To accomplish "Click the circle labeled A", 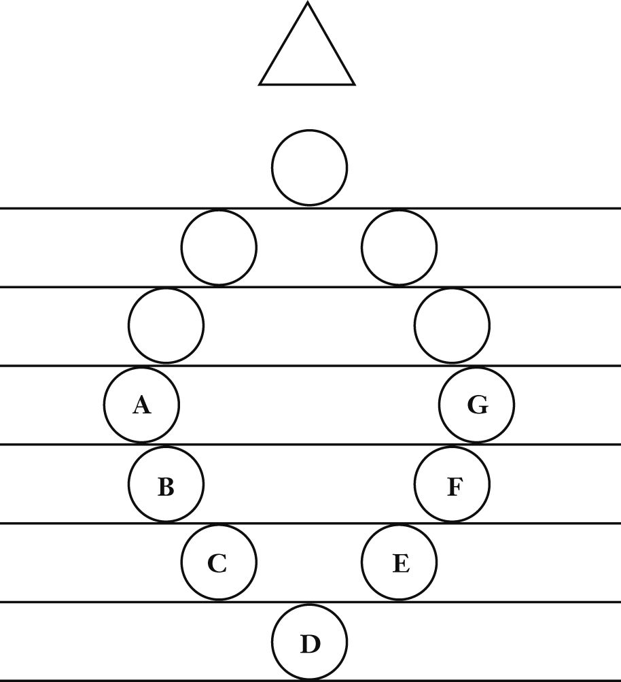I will [142, 406].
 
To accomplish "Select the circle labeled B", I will [166, 485].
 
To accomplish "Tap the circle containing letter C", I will [219, 563].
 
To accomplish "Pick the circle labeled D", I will [310, 642].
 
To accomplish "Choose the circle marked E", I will [400, 563].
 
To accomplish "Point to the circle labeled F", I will [452, 485].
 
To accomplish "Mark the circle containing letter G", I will [477, 406].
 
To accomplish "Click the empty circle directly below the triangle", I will [310, 167].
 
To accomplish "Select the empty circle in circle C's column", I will [219, 248].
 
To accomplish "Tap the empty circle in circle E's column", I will [400, 248].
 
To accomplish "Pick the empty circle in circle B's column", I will [166, 326].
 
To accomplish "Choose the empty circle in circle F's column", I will [452, 326].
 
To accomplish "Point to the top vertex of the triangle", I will [307, 3].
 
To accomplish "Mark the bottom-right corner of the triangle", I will [353, 84].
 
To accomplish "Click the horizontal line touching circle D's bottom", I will [476, 680].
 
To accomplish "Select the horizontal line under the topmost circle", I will [476, 208].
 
